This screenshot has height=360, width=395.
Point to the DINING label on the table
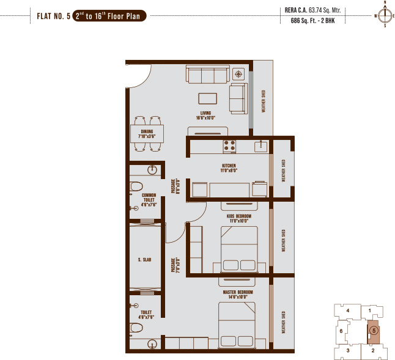pyautogui.click(x=147, y=134)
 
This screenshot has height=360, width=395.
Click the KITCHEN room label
pyautogui.click(x=229, y=167)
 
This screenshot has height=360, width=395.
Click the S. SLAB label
pyautogui.click(x=144, y=260)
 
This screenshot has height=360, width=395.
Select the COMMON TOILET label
pyautogui.click(x=149, y=200)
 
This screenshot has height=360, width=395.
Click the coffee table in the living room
pyautogui.click(x=207, y=98)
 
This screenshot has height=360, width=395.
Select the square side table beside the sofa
pyautogui.click(x=238, y=74)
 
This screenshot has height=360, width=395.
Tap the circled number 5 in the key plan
pyautogui.click(x=373, y=331)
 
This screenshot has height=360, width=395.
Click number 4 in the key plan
pyautogui.click(x=347, y=310)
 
